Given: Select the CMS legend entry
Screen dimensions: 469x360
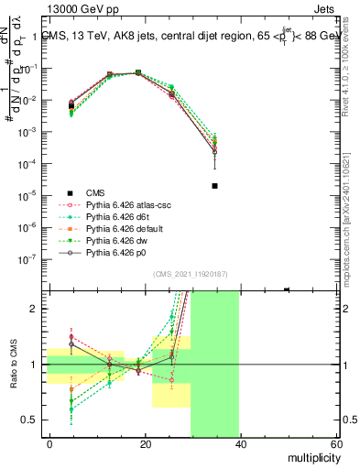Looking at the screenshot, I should click(95, 192).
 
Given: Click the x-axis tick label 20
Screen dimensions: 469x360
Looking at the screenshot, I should click(145, 445).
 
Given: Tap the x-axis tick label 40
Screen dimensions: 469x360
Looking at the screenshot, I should click(240, 445).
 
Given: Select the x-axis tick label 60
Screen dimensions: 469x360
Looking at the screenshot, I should click(335, 445).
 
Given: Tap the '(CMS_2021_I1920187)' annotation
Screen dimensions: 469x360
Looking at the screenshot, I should click(192, 274).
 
